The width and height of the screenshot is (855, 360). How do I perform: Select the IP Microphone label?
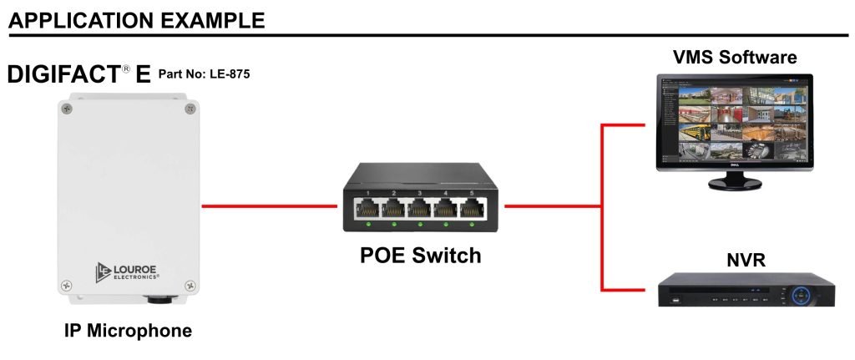(x=128, y=331)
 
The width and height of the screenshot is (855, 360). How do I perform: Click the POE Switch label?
(x=420, y=256)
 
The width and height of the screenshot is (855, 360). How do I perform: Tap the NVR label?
(x=746, y=262)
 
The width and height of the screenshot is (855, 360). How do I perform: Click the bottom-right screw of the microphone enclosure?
(x=190, y=288)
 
